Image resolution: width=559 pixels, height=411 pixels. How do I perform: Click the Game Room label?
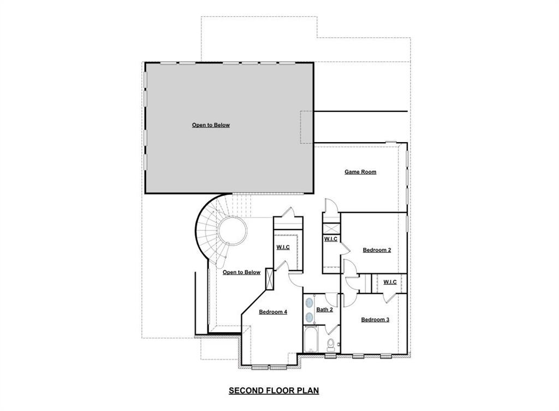click(x=360, y=172)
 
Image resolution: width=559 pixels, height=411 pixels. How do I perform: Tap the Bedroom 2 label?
click(x=377, y=250)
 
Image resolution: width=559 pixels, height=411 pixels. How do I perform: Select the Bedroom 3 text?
click(x=375, y=320)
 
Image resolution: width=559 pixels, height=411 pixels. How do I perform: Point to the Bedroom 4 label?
click(x=273, y=312)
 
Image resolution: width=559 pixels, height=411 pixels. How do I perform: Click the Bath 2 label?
click(x=324, y=310)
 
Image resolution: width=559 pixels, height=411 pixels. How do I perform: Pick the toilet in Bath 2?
click(x=331, y=345)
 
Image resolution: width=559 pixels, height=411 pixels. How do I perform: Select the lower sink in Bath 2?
click(x=310, y=316)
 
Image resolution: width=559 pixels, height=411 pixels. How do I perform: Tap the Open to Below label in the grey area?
click(x=211, y=125)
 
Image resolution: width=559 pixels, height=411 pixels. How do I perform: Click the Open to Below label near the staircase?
click(x=241, y=272)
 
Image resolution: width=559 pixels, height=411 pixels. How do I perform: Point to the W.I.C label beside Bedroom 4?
click(x=283, y=247)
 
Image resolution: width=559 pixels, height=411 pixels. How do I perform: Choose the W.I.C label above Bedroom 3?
click(x=390, y=282)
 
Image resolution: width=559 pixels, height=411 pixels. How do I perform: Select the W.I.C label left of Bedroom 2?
click(x=331, y=239)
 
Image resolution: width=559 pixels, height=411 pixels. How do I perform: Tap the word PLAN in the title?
click(x=308, y=391)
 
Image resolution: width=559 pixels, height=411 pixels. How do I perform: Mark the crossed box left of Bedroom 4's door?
click(x=270, y=278)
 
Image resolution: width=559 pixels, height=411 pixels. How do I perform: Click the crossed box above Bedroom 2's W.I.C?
click(x=331, y=227)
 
